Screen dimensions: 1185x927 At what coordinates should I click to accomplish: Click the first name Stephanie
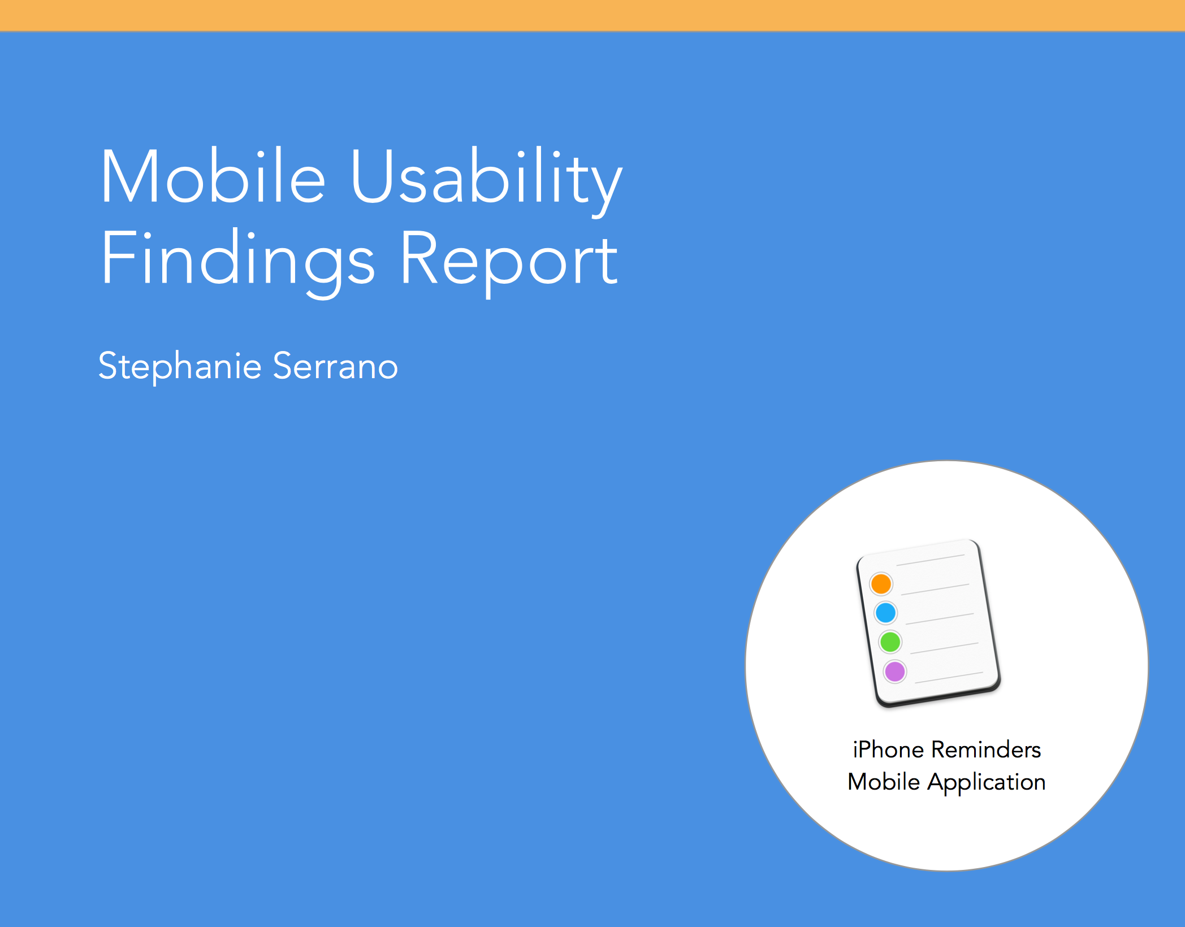pos(180,366)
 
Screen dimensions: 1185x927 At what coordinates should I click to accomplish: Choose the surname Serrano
pos(336,366)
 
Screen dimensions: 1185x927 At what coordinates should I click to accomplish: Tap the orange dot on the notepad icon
pos(881,584)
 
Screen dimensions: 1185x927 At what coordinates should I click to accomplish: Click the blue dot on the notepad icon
pos(885,613)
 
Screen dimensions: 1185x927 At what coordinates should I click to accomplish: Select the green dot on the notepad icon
pos(890,642)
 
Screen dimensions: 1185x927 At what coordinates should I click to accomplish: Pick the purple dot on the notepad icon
pos(895,672)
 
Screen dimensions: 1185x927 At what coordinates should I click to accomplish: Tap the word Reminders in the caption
pos(986,750)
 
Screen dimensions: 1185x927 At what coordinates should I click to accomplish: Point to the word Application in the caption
pos(987,783)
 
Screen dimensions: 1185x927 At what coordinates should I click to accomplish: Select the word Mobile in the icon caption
pos(884,782)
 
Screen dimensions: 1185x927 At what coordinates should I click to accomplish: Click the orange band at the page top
pos(592,15)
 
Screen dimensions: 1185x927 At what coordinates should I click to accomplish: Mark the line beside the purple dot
pos(949,678)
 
